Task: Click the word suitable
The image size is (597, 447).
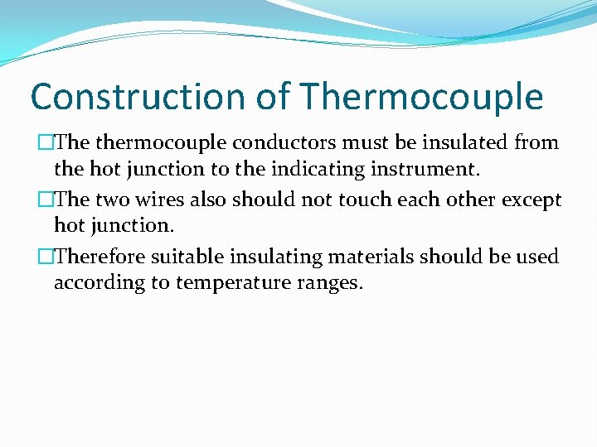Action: tap(177, 257)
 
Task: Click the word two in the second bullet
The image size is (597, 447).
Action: tap(112, 200)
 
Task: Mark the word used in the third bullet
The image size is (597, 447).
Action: tap(541, 257)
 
